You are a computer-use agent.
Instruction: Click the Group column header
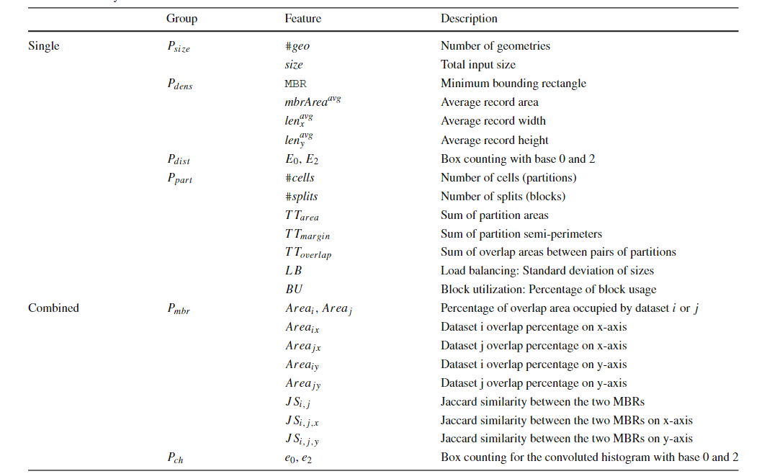(181, 19)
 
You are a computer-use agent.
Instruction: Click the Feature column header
(302, 19)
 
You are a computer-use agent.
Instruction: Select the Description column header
(469, 19)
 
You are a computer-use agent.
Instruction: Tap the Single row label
(44, 46)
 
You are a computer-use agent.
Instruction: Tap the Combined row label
(53, 308)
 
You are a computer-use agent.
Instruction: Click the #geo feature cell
(297, 46)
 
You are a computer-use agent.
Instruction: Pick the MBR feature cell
(295, 84)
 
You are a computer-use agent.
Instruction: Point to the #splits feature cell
(301, 196)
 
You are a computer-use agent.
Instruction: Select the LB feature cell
(293, 271)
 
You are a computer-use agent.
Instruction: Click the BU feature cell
(293, 290)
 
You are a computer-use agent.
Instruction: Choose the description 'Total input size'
(478, 65)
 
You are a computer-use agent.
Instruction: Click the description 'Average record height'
(495, 140)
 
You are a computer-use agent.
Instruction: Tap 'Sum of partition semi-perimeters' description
(520, 233)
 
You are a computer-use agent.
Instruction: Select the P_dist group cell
(178, 159)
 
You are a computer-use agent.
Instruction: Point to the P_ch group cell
(174, 457)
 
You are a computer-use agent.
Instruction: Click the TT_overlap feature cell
(308, 253)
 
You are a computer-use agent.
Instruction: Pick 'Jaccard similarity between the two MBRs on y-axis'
(567, 438)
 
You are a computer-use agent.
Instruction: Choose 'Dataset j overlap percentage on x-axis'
(534, 346)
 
